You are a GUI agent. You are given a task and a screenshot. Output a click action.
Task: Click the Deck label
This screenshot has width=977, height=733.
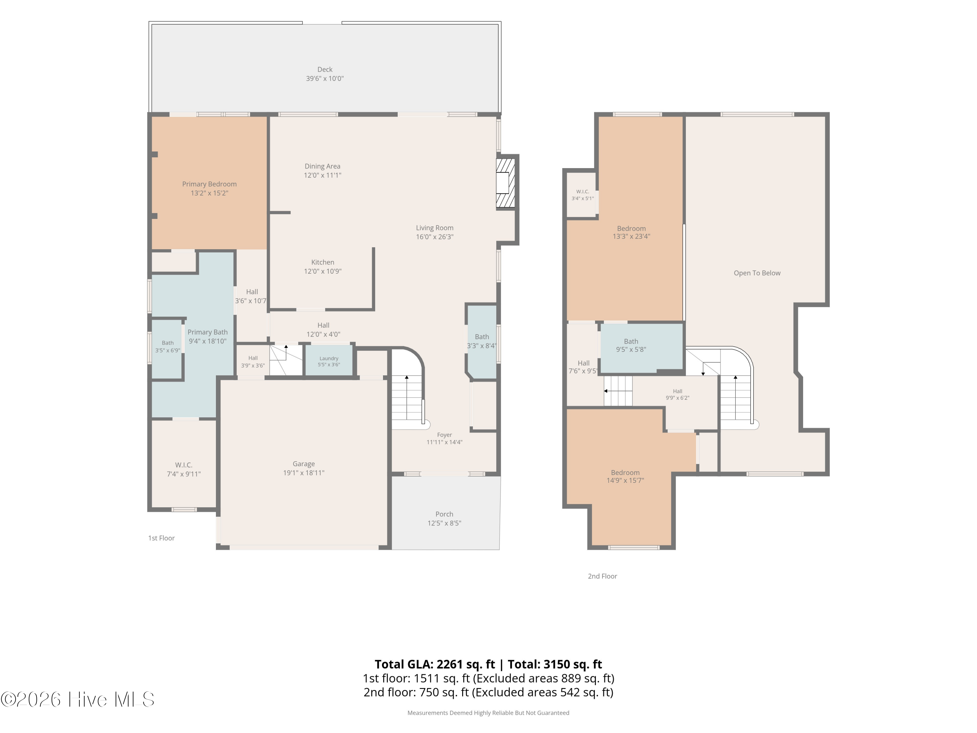[x=325, y=69]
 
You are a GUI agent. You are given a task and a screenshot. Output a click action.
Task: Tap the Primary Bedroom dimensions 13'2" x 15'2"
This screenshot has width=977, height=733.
[x=209, y=193]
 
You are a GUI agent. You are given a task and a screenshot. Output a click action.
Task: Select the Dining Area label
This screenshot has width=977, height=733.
[x=322, y=166]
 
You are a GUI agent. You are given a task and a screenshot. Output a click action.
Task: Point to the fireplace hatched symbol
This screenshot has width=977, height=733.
[x=506, y=183]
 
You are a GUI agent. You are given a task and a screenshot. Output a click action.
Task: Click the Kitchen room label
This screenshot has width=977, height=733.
[x=322, y=262]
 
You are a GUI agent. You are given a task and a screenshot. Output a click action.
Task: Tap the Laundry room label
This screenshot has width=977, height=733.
[x=329, y=358]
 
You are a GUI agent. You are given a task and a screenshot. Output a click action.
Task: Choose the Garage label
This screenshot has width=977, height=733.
[x=304, y=464]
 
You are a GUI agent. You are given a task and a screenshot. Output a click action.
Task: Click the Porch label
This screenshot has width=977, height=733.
[x=444, y=514]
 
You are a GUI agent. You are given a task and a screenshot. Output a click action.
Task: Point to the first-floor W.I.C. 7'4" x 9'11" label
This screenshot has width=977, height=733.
[x=184, y=469]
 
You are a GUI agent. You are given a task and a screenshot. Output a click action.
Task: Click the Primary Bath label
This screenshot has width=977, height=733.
[x=207, y=332]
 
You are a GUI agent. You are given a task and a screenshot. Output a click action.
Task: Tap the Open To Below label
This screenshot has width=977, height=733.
[x=757, y=273]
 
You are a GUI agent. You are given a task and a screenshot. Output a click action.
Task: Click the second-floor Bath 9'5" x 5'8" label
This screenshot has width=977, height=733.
[x=631, y=345]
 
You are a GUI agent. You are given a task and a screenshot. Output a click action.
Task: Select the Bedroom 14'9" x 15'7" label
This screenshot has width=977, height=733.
[x=625, y=476]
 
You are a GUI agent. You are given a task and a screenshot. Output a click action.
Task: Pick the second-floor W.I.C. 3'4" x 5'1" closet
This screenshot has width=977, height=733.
[x=583, y=195]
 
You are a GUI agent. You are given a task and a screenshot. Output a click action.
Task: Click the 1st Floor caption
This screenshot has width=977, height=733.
[x=161, y=538]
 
